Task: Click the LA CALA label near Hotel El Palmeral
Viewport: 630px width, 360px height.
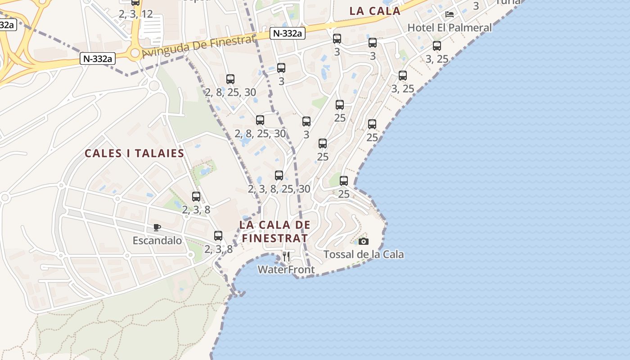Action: [x=375, y=11]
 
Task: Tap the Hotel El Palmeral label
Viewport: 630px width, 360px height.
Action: [x=450, y=27]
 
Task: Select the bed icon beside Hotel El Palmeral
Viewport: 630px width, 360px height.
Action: [x=449, y=14]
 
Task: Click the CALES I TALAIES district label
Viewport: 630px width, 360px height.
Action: [x=135, y=153]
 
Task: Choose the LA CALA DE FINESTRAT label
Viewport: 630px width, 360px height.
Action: [x=275, y=231]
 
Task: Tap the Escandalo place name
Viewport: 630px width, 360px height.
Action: [x=157, y=241]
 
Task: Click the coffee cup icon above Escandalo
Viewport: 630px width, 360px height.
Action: [x=157, y=227]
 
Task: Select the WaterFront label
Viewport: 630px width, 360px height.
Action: [x=286, y=270]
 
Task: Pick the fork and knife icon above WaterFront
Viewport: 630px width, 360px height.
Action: [x=286, y=256]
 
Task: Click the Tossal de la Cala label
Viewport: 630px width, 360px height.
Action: [x=364, y=255]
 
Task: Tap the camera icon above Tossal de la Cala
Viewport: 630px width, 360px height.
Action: [x=364, y=242]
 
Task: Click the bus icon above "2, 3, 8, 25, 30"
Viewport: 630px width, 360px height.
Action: [x=279, y=175]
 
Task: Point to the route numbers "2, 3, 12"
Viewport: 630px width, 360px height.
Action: [x=136, y=14]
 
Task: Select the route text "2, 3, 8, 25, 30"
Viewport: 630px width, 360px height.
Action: [x=279, y=189]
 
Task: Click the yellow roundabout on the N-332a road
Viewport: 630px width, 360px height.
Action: [x=135, y=54]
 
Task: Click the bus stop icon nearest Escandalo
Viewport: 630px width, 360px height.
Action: [x=218, y=235]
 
